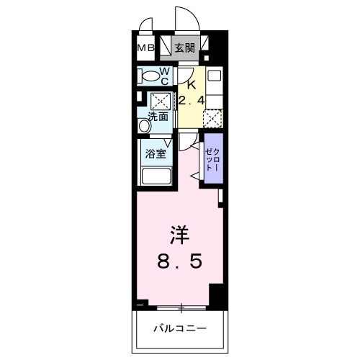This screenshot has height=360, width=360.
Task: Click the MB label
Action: click(146, 48)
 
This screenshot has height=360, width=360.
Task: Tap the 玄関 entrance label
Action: click(184, 48)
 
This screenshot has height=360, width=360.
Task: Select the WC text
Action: click(163, 75)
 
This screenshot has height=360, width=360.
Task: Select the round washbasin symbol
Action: click(145, 125)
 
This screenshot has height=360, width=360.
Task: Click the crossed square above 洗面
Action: click(160, 100)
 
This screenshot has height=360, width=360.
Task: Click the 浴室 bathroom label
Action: click(156, 153)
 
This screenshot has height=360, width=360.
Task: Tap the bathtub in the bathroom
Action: click(156, 176)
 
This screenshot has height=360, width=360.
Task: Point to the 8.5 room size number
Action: click(180, 261)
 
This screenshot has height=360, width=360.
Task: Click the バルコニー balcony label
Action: click(180, 329)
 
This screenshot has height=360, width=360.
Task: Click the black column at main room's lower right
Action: click(216, 293)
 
